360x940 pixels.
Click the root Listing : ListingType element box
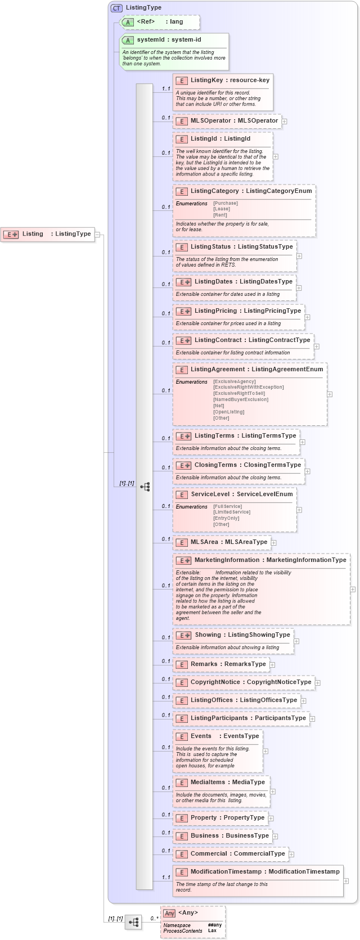(x=47, y=234)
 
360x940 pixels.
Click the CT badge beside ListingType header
(x=116, y=8)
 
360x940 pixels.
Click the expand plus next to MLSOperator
(x=285, y=121)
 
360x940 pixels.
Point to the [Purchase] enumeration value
(x=225, y=203)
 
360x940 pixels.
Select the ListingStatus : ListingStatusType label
(x=241, y=247)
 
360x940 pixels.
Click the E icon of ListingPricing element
(x=183, y=311)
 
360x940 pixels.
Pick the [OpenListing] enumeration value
(x=228, y=412)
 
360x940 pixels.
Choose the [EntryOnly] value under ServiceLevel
(x=226, y=518)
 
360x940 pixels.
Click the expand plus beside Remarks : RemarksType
(x=272, y=665)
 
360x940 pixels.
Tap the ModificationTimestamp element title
(x=264, y=872)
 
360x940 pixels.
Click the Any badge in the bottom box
(x=169, y=913)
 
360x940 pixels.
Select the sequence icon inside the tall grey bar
(x=145, y=487)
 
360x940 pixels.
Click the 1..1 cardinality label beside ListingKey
(x=166, y=89)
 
